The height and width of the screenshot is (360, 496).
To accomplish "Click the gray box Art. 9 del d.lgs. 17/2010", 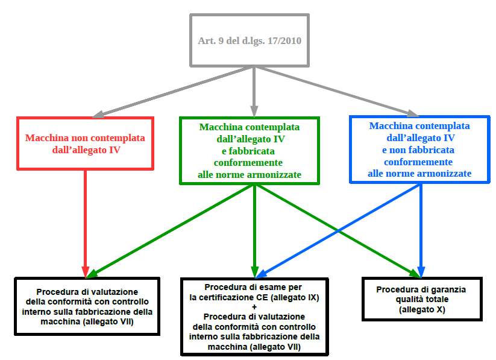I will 250,40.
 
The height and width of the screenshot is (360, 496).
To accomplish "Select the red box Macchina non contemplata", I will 85,143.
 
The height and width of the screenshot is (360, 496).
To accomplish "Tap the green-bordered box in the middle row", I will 249,151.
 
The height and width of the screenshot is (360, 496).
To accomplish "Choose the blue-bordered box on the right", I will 419,150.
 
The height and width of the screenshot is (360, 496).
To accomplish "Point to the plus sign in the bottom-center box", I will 254,307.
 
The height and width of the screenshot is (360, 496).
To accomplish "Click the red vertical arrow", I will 85,220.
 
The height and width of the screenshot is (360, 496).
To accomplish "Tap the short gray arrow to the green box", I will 254,90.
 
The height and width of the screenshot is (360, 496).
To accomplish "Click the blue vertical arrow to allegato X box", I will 421,229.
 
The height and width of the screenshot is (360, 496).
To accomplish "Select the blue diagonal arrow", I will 337,229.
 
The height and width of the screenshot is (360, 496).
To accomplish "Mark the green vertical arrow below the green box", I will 254,229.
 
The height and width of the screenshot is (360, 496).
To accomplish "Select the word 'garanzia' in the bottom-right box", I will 447,289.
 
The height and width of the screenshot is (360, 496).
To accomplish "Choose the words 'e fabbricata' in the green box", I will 249,151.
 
